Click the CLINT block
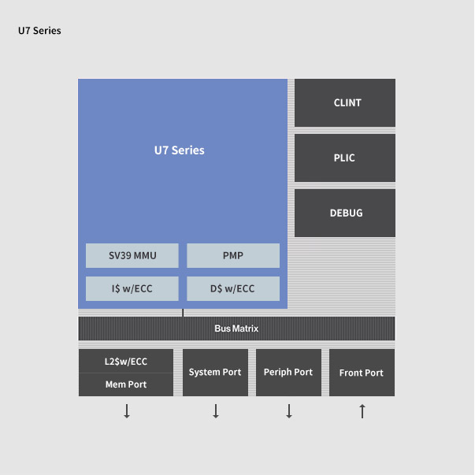click(x=345, y=102)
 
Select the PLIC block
click(x=345, y=158)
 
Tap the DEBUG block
click(x=345, y=213)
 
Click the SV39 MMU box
click(x=132, y=255)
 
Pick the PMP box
click(x=233, y=255)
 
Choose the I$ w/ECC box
click(x=132, y=288)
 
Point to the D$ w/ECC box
click(x=233, y=288)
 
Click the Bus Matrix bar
click(x=236, y=328)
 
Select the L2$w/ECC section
click(x=126, y=361)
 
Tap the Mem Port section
click(x=126, y=384)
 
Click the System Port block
click(x=215, y=373)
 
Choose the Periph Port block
click(x=288, y=373)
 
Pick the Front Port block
click(x=362, y=373)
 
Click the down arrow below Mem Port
click(x=127, y=411)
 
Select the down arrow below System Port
click(x=216, y=411)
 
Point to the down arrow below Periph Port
click(x=289, y=411)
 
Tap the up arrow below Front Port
click(x=362, y=411)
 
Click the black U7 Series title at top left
click(x=39, y=31)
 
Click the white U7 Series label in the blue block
click(x=180, y=150)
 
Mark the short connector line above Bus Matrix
click(x=183, y=313)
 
